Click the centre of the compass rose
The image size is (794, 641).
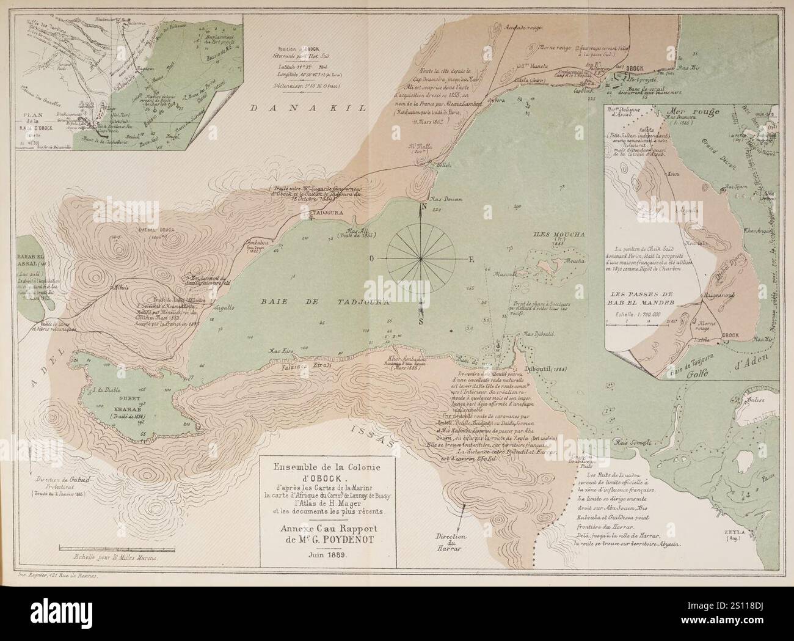pos(421,259)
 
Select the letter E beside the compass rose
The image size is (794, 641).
pos(471,259)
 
